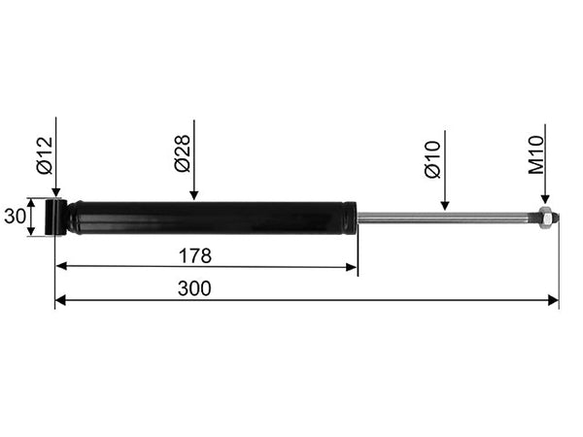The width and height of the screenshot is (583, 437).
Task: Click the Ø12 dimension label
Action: coord(46,155)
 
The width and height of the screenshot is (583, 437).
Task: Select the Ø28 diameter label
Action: coord(183,153)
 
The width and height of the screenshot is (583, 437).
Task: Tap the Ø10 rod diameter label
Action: coord(432,160)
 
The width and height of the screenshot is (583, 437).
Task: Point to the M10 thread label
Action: coord(535,155)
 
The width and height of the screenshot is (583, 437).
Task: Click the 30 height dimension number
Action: coord(15,217)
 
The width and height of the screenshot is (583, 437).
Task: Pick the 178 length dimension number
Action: coord(195,255)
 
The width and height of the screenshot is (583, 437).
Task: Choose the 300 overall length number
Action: coord(194,288)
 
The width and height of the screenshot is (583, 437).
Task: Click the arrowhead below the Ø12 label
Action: coord(56,192)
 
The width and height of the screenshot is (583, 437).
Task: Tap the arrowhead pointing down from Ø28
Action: coord(193,195)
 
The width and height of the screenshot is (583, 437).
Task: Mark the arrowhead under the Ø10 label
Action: coord(445,205)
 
